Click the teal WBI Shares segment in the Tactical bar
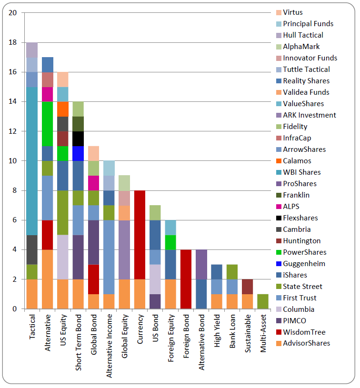click(x=32, y=161)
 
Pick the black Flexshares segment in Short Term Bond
click(x=78, y=139)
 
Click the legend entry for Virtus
click(x=292, y=12)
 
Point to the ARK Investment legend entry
click(x=309, y=115)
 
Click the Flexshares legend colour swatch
click(x=279, y=218)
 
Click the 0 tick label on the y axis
click(x=15, y=309)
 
